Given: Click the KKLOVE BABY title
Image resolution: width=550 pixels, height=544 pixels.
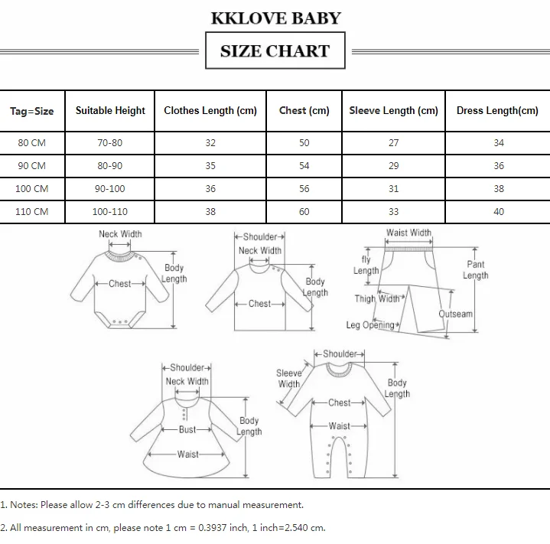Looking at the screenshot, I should pos(275,18).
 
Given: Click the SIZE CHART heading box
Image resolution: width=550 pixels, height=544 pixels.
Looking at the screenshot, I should pos(275,51).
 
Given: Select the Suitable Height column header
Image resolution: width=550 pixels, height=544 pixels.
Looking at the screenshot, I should pos(110,110).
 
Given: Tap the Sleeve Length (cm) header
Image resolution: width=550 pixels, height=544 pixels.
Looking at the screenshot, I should pos(393,110).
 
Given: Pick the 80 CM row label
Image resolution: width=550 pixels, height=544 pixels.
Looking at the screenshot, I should pos(32,143).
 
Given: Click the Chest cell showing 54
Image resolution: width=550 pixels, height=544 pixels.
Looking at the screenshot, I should pos(304,165).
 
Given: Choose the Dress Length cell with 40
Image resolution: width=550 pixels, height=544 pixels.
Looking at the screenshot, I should pos(498,211).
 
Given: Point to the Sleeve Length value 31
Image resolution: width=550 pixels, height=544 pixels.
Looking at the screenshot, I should pos(393,188).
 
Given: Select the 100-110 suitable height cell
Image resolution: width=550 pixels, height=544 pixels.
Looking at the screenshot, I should pos(110,211).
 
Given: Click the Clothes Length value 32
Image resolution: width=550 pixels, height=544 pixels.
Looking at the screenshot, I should pos(210,143).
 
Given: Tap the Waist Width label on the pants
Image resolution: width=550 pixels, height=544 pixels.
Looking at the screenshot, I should pos(408,233).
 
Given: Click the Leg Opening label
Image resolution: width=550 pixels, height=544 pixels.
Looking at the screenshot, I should pos(370,325).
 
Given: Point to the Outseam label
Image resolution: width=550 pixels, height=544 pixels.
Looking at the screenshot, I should pos(455,314).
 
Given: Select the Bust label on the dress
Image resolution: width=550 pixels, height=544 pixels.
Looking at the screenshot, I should pos(187,430).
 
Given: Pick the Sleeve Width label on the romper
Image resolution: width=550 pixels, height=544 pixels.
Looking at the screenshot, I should pos(289,379).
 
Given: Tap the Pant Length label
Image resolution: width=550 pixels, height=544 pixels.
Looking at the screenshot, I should pos(475,270).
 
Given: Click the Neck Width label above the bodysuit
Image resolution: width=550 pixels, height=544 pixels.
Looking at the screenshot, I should pos(120,234).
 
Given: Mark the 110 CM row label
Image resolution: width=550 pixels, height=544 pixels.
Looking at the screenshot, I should pos(32,211).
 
